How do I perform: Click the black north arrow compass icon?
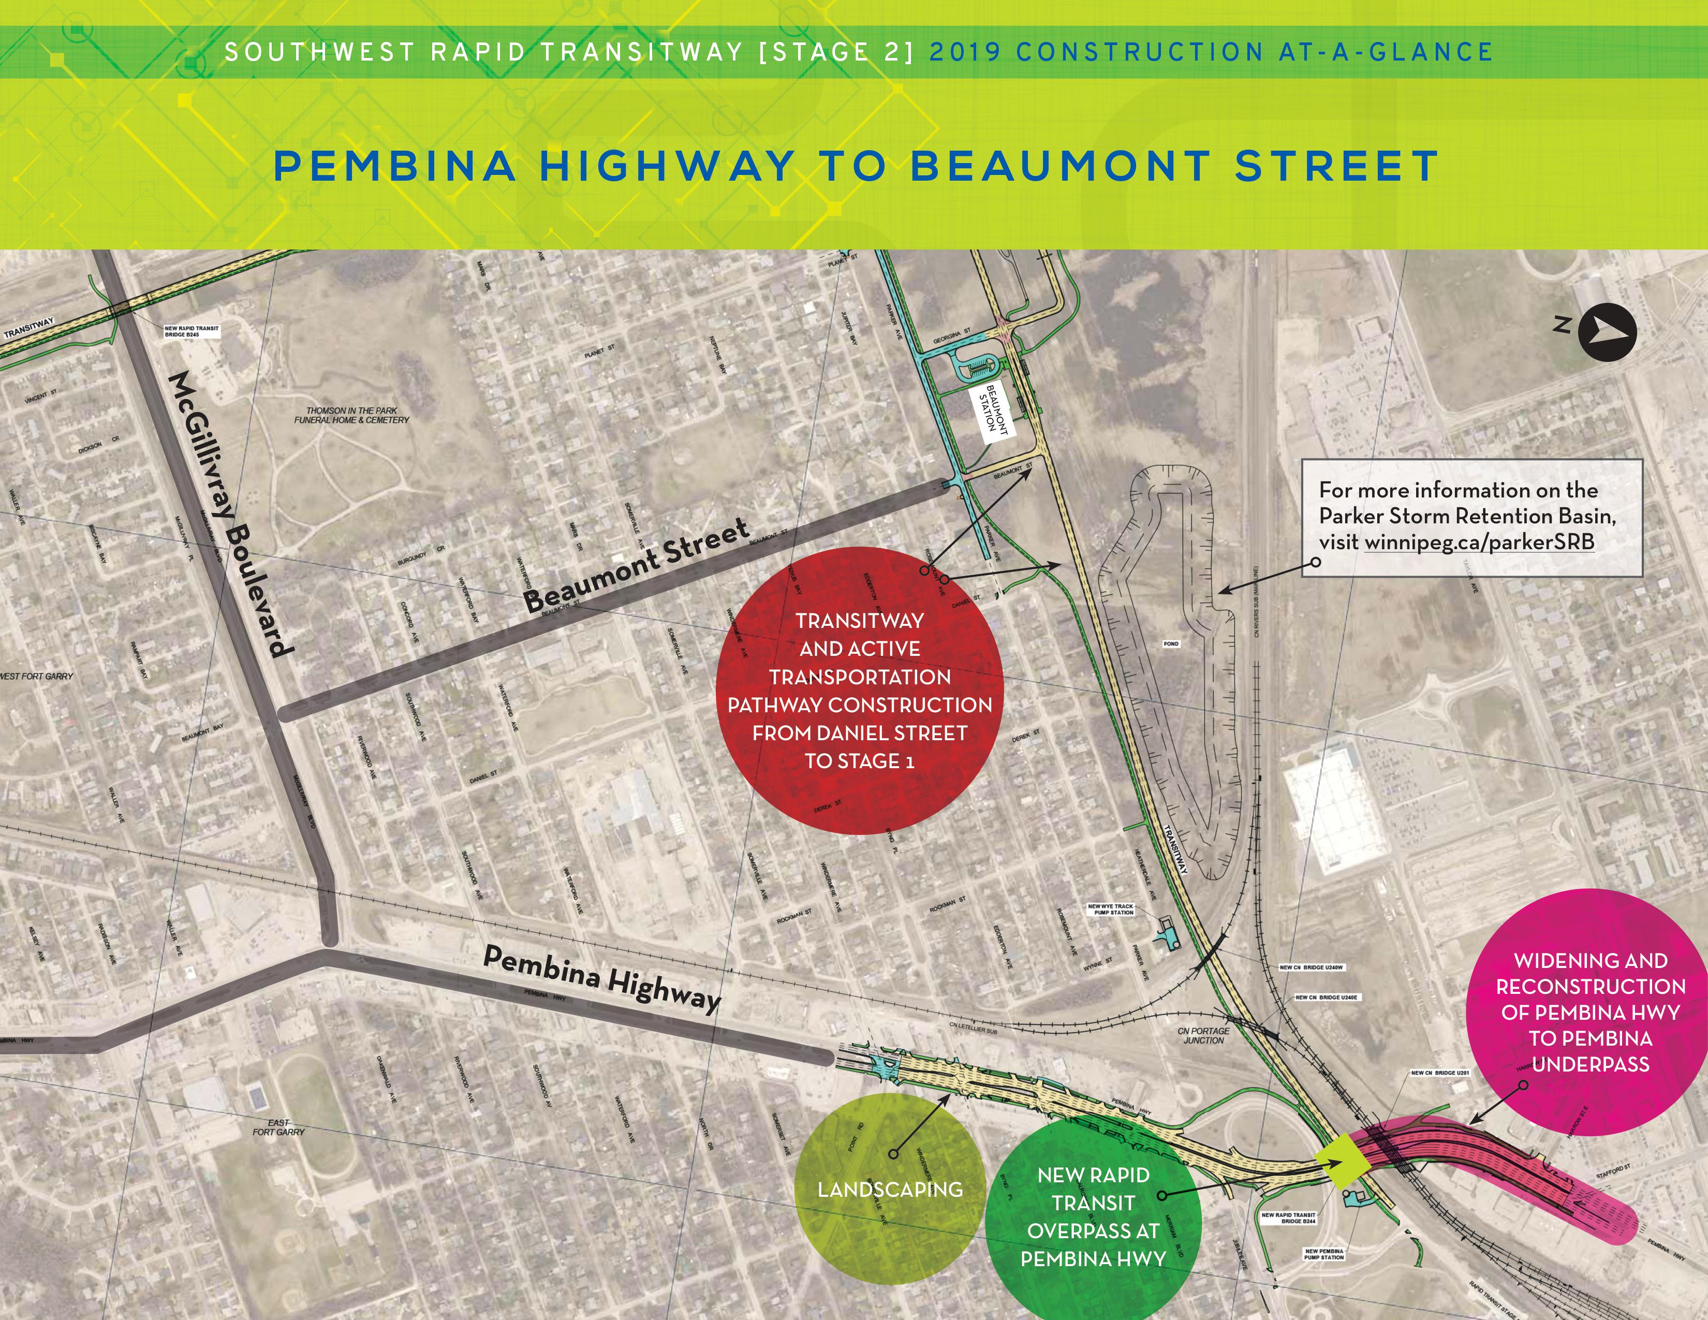point(1607,332)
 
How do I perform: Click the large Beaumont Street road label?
point(635,567)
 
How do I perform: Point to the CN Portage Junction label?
point(1203,1035)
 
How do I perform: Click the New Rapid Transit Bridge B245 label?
point(192,332)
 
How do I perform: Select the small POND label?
point(1171,643)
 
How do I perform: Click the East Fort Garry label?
point(278,1127)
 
